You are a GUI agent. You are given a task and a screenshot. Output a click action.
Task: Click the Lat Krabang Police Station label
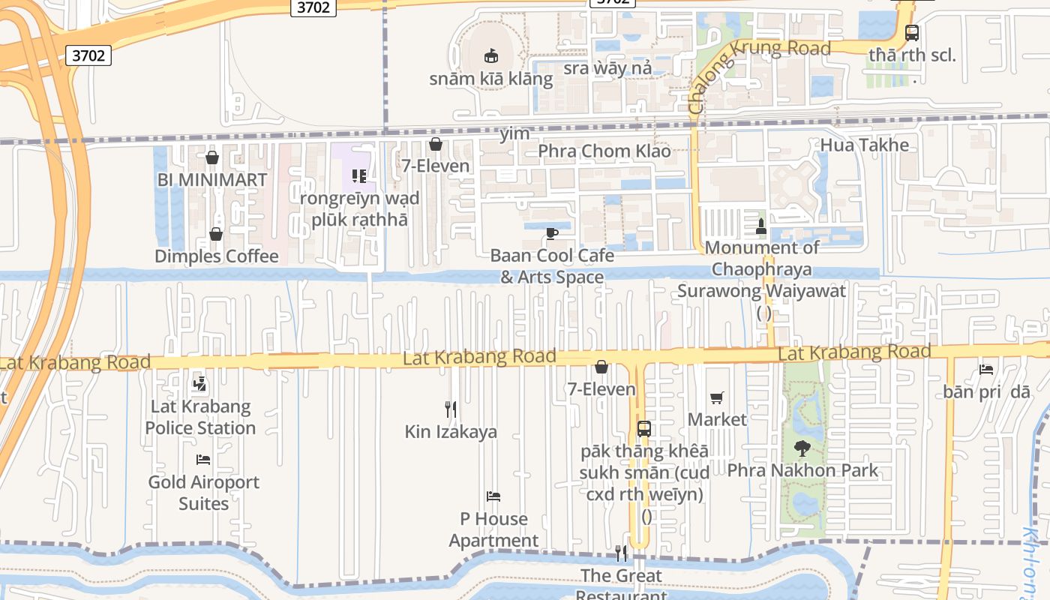click(200, 418)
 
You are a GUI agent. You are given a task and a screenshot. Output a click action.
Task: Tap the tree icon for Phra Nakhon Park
click(802, 448)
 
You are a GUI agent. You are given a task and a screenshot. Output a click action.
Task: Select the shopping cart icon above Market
click(717, 397)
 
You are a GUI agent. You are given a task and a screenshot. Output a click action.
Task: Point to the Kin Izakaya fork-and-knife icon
click(451, 409)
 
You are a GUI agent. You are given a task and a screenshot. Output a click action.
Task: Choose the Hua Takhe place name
click(864, 145)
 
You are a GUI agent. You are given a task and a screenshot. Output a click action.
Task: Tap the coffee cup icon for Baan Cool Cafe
click(552, 233)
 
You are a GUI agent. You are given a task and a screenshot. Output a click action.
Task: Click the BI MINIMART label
click(212, 180)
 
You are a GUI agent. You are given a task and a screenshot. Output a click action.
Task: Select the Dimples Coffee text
click(216, 256)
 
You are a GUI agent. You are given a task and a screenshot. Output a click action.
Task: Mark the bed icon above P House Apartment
click(493, 496)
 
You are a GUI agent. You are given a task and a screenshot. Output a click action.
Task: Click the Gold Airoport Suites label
click(203, 493)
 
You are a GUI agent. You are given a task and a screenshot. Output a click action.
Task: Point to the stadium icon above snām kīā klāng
click(491, 55)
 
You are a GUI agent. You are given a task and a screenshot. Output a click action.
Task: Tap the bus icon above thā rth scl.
click(912, 33)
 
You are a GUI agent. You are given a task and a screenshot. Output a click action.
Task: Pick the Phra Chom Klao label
click(604, 151)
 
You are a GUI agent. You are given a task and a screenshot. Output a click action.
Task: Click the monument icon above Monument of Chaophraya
click(761, 226)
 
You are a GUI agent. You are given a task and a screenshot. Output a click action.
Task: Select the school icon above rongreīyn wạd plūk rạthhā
click(359, 176)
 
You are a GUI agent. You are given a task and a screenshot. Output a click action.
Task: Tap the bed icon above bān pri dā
click(986, 370)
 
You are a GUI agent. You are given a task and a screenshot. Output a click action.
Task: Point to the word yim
click(514, 134)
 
